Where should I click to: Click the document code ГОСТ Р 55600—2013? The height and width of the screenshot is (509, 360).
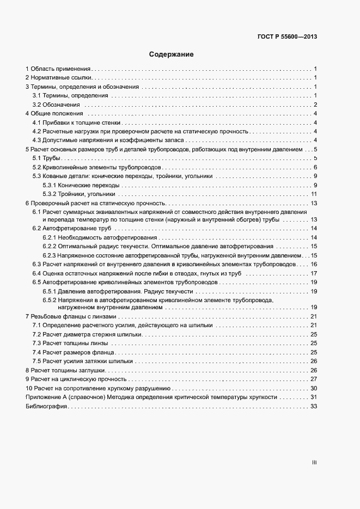286,37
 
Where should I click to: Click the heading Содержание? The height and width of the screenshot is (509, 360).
171,54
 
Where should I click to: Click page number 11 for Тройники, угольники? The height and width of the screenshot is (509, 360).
314,194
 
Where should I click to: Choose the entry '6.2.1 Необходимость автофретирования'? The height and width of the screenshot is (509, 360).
100,237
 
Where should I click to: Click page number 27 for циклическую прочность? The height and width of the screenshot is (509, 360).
313,379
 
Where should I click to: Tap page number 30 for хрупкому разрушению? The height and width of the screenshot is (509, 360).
313,389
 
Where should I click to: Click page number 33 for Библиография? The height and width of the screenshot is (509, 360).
313,407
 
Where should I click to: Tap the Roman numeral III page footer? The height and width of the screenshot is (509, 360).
314,463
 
